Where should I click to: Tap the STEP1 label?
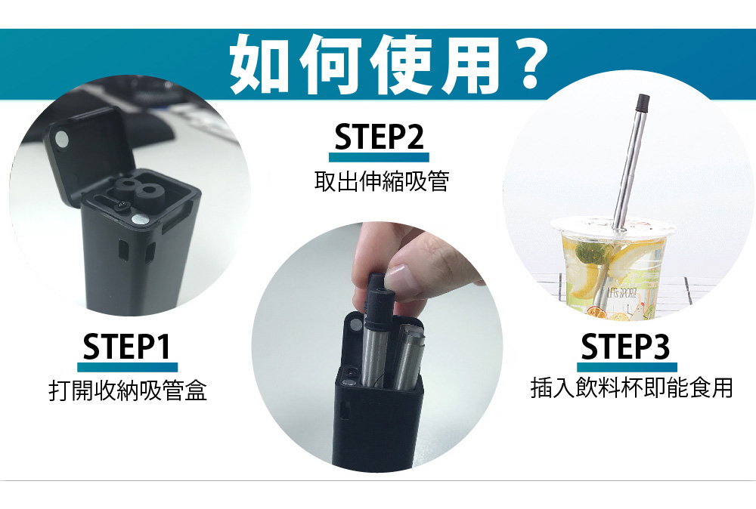[127, 346]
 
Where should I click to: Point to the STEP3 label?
[625, 346]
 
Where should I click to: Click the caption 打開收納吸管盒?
[127, 390]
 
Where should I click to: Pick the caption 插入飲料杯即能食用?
[631, 388]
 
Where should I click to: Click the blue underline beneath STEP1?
[127, 367]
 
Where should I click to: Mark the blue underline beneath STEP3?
[625, 366]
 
